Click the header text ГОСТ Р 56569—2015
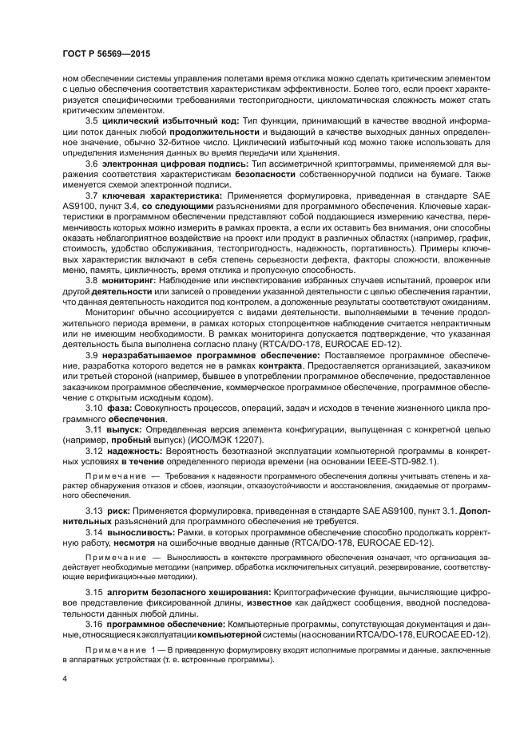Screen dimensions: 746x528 pos(105,53)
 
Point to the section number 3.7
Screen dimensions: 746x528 pos(92,195)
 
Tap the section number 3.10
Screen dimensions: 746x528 pos(94,408)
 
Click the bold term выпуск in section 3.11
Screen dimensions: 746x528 pos(125,429)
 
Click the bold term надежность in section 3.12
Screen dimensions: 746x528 pos(135,451)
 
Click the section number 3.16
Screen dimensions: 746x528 pos(94,624)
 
